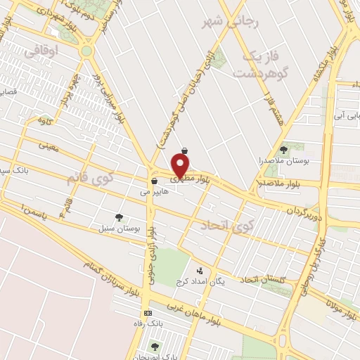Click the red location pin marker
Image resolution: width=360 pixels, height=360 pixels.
pos(181,166)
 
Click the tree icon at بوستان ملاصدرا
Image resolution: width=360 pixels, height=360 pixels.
pos(284,150)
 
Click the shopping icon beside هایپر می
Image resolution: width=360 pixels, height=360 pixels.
pos(154,181)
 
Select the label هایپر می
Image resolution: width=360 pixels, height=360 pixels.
pos(155,191)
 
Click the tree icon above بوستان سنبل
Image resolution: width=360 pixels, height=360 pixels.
pos(119,217)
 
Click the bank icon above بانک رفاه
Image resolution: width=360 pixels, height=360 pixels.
pos(147,313)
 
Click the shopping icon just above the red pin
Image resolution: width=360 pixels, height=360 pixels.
pos(184,150)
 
